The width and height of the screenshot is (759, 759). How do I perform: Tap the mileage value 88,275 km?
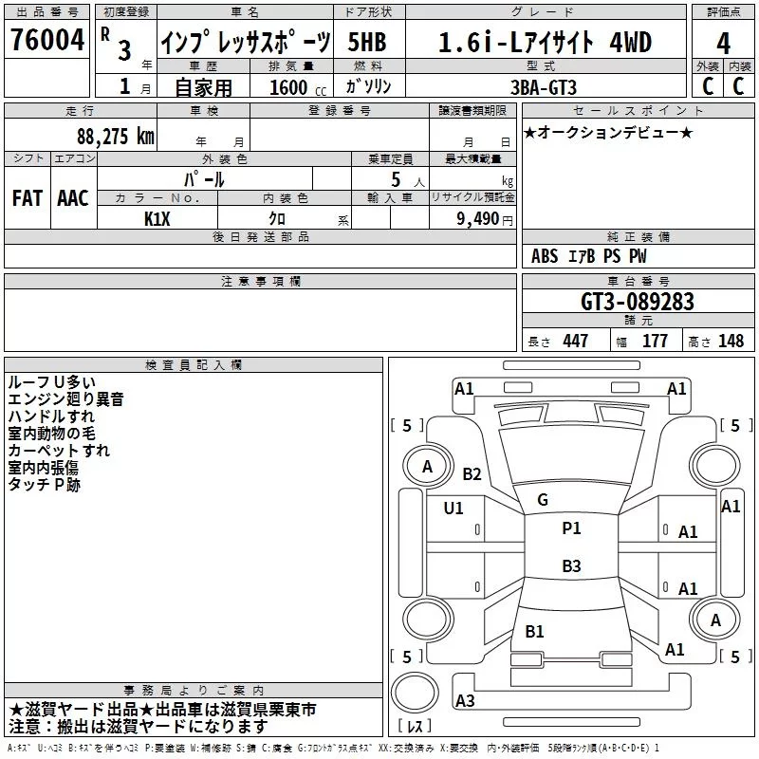tap(116, 137)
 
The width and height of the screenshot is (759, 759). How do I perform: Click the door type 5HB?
tap(367, 42)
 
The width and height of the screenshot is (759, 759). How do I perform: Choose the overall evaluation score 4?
tap(724, 44)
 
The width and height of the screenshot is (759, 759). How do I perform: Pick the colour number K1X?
tap(157, 217)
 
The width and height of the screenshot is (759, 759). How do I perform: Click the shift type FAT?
tap(28, 198)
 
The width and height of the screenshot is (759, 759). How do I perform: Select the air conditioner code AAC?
tap(73, 198)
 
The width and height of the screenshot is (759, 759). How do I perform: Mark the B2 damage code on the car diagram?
tap(472, 474)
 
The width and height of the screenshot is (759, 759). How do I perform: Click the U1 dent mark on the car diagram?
tap(454, 509)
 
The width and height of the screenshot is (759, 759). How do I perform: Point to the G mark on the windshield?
tap(543, 500)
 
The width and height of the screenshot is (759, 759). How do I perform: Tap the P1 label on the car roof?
tap(571, 528)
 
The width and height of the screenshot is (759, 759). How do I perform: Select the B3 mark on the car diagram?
tap(571, 566)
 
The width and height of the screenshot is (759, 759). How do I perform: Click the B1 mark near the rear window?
tap(534, 631)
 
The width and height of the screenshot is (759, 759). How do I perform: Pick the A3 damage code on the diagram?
tap(465, 701)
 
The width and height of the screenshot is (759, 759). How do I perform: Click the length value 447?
tap(575, 341)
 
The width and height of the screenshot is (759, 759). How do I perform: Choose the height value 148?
tap(731, 341)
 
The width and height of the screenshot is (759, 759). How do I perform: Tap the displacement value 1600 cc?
tap(290, 87)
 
